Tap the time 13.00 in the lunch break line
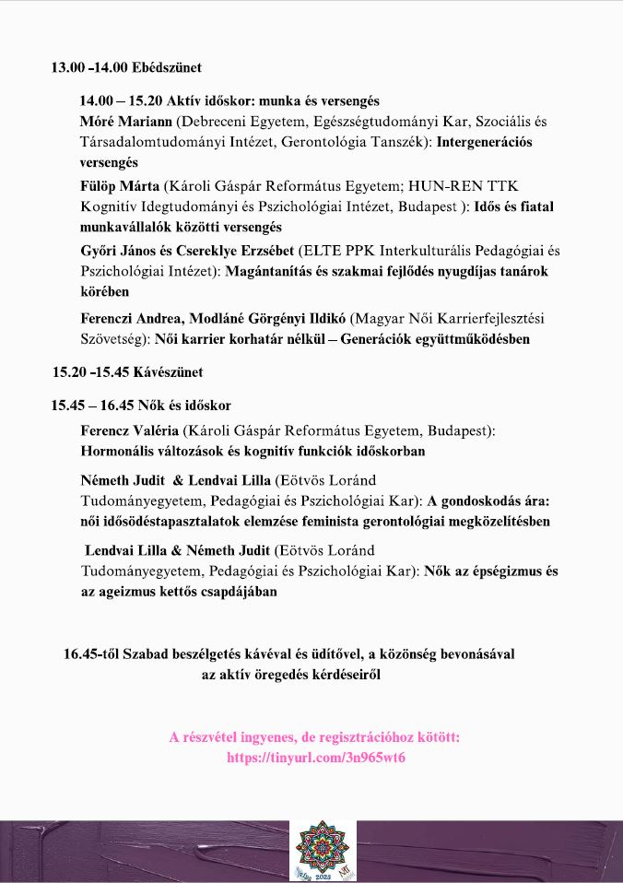click(x=67, y=68)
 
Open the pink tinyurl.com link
click(x=316, y=759)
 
